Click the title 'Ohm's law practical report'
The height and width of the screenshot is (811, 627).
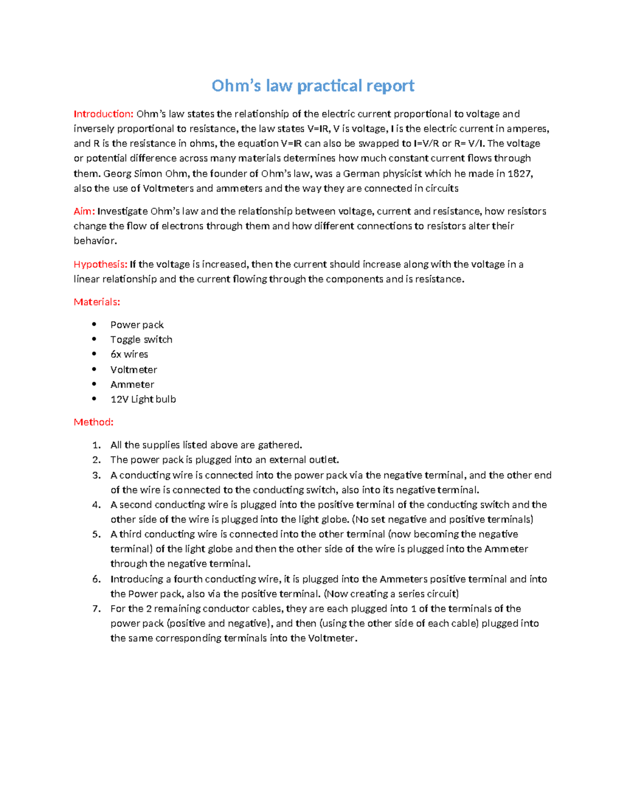(x=312, y=86)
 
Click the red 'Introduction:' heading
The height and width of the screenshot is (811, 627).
(x=103, y=114)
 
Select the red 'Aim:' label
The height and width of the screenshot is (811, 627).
(x=84, y=211)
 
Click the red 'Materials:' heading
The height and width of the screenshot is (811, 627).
(x=97, y=302)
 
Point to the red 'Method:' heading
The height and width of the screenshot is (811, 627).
(x=94, y=422)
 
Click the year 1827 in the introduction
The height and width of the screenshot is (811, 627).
(x=519, y=173)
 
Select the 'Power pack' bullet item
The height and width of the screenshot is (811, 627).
(x=137, y=325)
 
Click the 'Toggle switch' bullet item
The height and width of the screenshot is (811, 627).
(x=141, y=339)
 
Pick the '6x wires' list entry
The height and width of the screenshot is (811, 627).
(x=129, y=354)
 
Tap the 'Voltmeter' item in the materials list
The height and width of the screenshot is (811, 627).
(x=133, y=370)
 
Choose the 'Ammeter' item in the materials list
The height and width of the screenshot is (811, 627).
(x=132, y=384)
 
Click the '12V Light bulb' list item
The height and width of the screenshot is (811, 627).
(x=143, y=399)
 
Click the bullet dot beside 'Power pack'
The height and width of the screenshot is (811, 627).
(x=94, y=324)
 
